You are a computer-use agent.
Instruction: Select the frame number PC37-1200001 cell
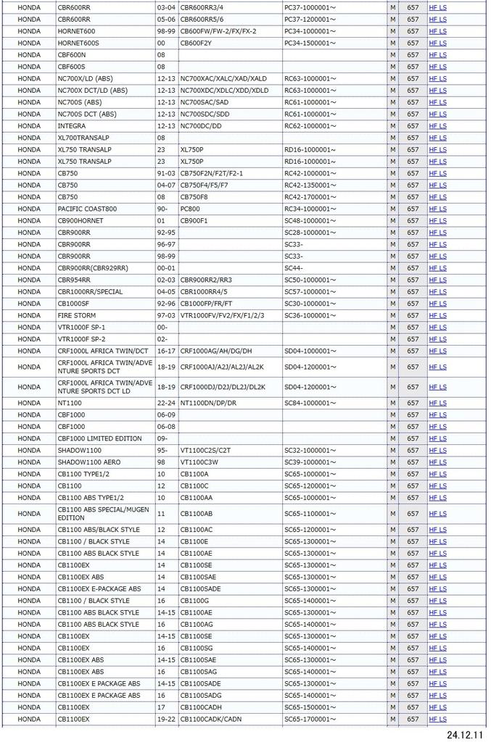pyautogui.click(x=310, y=20)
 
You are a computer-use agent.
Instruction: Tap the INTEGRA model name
pyautogui.click(x=73, y=126)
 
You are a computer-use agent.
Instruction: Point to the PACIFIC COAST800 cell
pyautogui.click(x=87, y=209)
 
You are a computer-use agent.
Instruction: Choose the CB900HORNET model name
pyautogui.click(x=81, y=220)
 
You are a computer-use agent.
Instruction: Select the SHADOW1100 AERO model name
pyautogui.click(x=89, y=462)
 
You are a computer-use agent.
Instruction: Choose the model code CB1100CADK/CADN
pyautogui.click(x=211, y=719)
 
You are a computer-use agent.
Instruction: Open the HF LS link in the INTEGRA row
pyautogui.click(x=437, y=126)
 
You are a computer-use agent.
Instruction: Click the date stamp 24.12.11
pyautogui.click(x=464, y=734)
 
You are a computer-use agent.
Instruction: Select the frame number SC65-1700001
pyautogui.click(x=310, y=719)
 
